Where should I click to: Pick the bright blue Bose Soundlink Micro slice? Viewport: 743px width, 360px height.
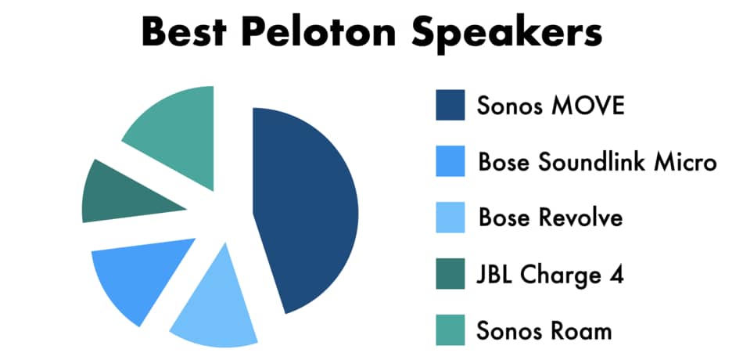point(138,275)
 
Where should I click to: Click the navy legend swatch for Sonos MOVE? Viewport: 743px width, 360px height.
point(450,105)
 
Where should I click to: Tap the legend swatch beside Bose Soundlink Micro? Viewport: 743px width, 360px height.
point(450,161)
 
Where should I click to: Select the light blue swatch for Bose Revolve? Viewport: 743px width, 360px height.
point(450,218)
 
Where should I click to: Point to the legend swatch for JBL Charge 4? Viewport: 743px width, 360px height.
point(450,274)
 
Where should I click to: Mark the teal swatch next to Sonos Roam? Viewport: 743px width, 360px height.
point(450,329)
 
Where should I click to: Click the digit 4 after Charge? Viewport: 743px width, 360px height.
point(616,275)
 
